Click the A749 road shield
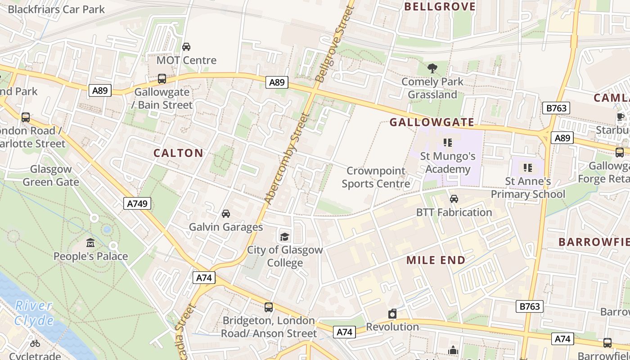tap(137, 203)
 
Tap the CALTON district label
tap(178, 153)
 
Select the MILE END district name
tap(436, 260)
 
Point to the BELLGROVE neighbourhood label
tap(440, 6)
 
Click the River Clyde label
tap(34, 313)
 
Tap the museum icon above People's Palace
tap(90, 243)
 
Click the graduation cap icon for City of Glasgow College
tap(284, 237)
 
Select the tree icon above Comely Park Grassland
tap(432, 69)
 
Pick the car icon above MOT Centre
tap(186, 46)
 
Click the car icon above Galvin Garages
tap(226, 213)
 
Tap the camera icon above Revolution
tap(392, 314)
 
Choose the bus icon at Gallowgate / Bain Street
tap(162, 79)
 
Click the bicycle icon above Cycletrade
tap(35, 343)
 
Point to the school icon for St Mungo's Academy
tap(447, 143)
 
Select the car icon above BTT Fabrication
tap(454, 198)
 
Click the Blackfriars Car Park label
tap(56, 9)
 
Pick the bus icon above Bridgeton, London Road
tap(269, 307)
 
